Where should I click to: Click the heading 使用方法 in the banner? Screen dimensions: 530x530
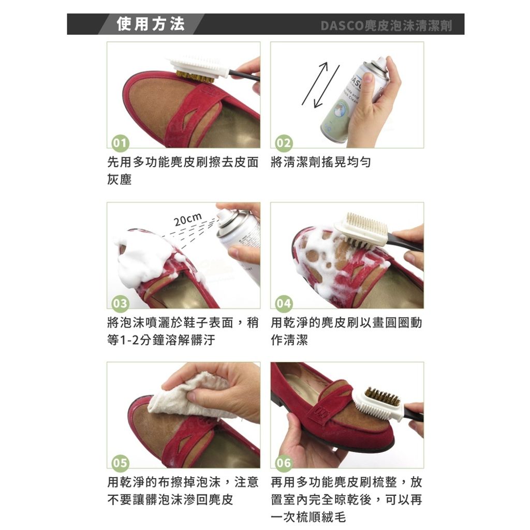pos(151,24)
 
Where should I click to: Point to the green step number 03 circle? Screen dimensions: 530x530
pos(120,303)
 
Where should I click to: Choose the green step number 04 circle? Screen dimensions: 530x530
pos(284,303)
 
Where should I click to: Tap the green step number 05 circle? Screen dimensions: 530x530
pos(120,463)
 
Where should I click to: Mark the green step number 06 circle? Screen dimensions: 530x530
pos(284,463)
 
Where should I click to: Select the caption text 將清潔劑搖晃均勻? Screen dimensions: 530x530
pos(321,163)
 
